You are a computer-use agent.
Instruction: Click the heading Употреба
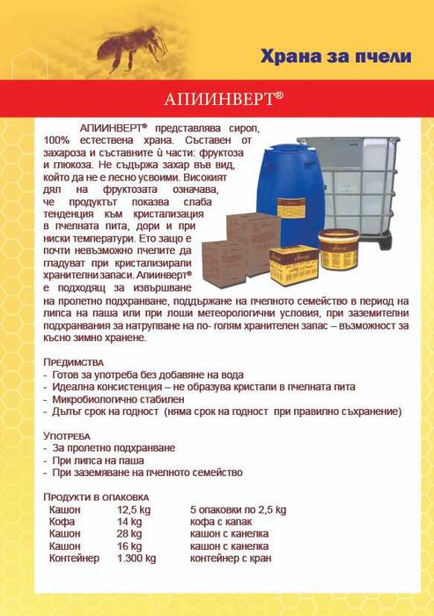pyautogui.click(x=67, y=436)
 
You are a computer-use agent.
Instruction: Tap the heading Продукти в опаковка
pyautogui.click(x=97, y=497)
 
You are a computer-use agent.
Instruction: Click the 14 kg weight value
pyautogui.click(x=129, y=523)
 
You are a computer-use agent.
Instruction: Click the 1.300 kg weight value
pyautogui.click(x=136, y=558)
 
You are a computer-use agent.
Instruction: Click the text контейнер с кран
pyautogui.click(x=231, y=558)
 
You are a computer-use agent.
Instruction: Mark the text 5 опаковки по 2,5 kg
pyautogui.click(x=238, y=510)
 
